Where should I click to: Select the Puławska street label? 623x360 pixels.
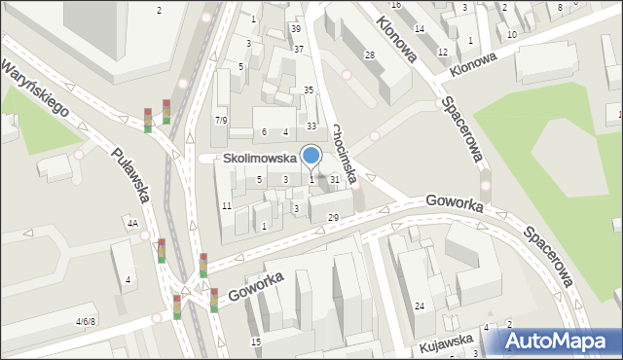[x=129, y=174]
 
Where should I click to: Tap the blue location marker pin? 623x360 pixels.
[x=311, y=156]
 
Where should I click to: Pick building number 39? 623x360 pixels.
[x=296, y=30]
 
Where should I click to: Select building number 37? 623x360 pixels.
[x=299, y=49]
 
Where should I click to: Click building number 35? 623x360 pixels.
[x=309, y=90]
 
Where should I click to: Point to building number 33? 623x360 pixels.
[x=311, y=126]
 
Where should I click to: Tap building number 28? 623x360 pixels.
[x=370, y=54]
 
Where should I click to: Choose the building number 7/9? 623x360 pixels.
[x=221, y=120]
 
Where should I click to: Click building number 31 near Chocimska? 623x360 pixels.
[x=335, y=179]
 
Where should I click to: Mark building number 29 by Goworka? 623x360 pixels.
[x=333, y=217]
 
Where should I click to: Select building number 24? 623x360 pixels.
[x=420, y=306]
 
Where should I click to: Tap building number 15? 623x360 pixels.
[x=255, y=342]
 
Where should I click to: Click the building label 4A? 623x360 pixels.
[x=131, y=224]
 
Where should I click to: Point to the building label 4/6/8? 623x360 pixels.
[x=87, y=320]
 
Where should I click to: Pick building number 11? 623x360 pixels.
[x=226, y=206]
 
